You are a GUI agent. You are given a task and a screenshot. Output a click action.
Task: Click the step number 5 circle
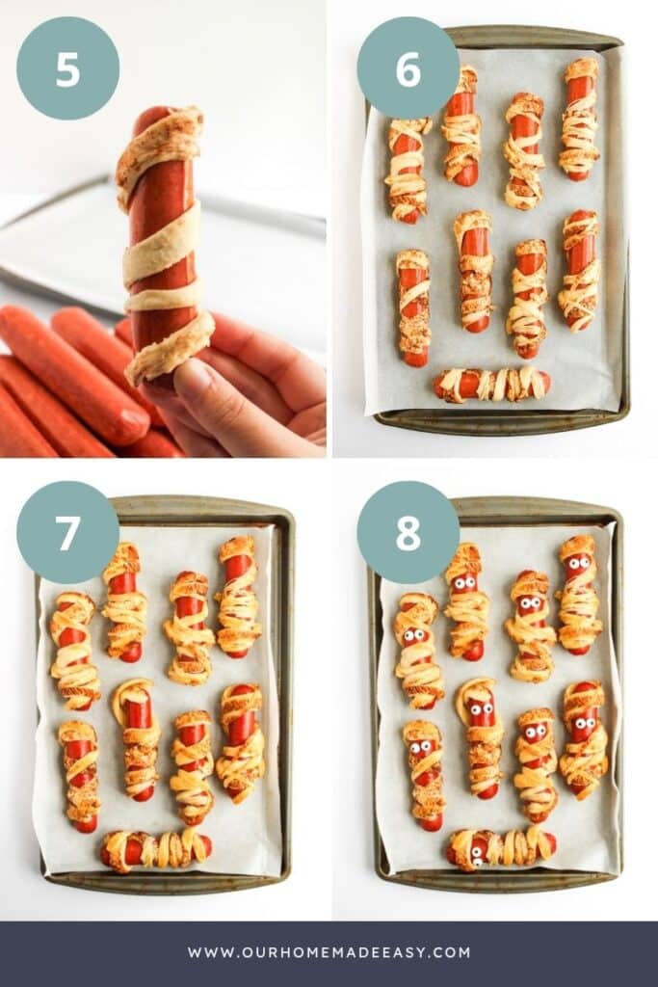(x=67, y=67)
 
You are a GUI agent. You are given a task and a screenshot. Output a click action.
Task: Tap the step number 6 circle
(x=408, y=67)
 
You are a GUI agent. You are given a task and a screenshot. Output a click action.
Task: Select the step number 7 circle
(x=67, y=532)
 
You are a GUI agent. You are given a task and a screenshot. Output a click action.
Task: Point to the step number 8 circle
(x=408, y=532)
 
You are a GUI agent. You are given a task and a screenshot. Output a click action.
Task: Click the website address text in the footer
(x=329, y=952)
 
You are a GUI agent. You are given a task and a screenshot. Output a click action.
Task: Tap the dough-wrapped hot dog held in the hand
(x=164, y=241)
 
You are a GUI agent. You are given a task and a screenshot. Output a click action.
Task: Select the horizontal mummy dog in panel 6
(x=491, y=385)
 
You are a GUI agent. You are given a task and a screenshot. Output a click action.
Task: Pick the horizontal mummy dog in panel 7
(x=156, y=848)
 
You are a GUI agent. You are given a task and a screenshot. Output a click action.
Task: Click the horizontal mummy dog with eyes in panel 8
(x=501, y=847)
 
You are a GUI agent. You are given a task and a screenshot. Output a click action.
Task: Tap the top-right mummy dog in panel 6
(x=580, y=119)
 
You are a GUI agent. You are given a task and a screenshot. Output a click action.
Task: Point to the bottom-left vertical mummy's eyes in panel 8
(x=422, y=746)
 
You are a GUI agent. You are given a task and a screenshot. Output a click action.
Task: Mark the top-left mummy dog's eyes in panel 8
(x=415, y=635)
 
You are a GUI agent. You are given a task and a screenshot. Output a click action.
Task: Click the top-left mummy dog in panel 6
(x=408, y=170)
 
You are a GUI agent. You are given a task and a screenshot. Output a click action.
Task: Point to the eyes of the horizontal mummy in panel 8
(x=478, y=848)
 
